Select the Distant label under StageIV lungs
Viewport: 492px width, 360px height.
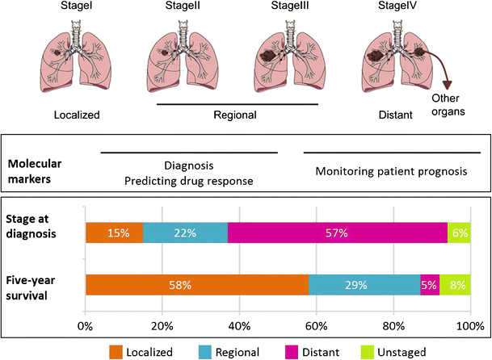click(x=397, y=115)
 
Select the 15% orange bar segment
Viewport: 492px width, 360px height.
click(x=114, y=232)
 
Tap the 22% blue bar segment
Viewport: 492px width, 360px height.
click(x=185, y=232)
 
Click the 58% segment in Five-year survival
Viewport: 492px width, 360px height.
click(x=196, y=285)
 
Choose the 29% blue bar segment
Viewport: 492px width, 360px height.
click(x=364, y=285)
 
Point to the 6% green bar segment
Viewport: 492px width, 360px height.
click(x=459, y=232)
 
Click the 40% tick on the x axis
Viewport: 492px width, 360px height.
click(x=239, y=326)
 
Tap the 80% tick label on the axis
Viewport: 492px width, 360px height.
click(x=393, y=326)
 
